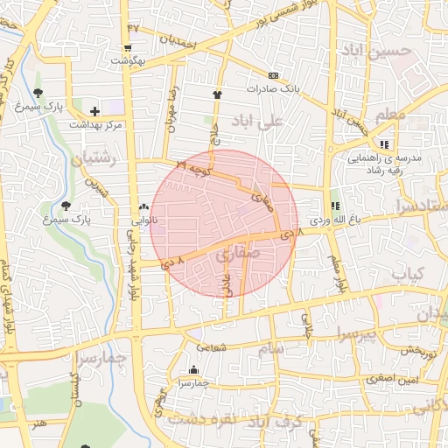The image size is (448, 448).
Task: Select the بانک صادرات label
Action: click(x=273, y=88)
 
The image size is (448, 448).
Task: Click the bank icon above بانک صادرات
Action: click(x=273, y=75)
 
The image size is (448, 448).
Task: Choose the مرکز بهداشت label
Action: click(x=96, y=127)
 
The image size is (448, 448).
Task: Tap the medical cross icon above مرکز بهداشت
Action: click(x=94, y=111)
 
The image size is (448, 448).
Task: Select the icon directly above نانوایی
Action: click(x=143, y=207)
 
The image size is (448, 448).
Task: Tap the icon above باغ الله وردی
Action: click(x=336, y=206)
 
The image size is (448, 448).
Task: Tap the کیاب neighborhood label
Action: click(x=408, y=275)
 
